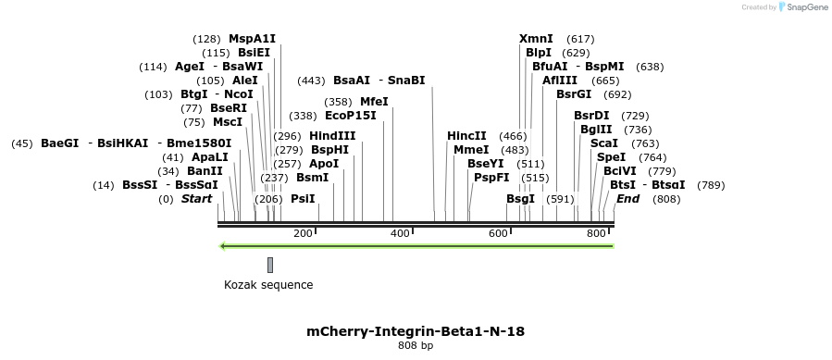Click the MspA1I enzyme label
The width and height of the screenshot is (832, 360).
tap(252, 39)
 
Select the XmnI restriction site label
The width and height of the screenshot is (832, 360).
tap(536, 39)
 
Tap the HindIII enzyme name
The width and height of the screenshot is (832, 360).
tap(332, 135)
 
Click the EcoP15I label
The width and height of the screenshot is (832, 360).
tap(351, 116)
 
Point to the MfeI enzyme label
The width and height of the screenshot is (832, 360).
tap(374, 101)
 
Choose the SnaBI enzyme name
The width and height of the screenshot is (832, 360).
tap(406, 81)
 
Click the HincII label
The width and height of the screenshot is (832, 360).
tap(466, 135)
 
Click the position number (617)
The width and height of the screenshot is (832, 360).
tap(580, 39)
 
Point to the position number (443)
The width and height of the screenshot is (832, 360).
tap(311, 81)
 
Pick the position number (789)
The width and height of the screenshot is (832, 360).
tap(711, 185)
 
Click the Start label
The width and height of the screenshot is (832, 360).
tap(196, 199)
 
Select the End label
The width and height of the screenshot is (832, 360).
tap(627, 199)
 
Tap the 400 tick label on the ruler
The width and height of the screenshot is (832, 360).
tap(401, 232)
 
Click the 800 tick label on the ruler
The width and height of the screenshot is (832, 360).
tap(596, 232)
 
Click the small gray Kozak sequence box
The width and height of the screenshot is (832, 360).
tap(270, 265)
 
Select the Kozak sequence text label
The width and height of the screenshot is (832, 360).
tap(268, 285)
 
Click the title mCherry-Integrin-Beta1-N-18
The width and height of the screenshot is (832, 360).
tap(416, 330)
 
